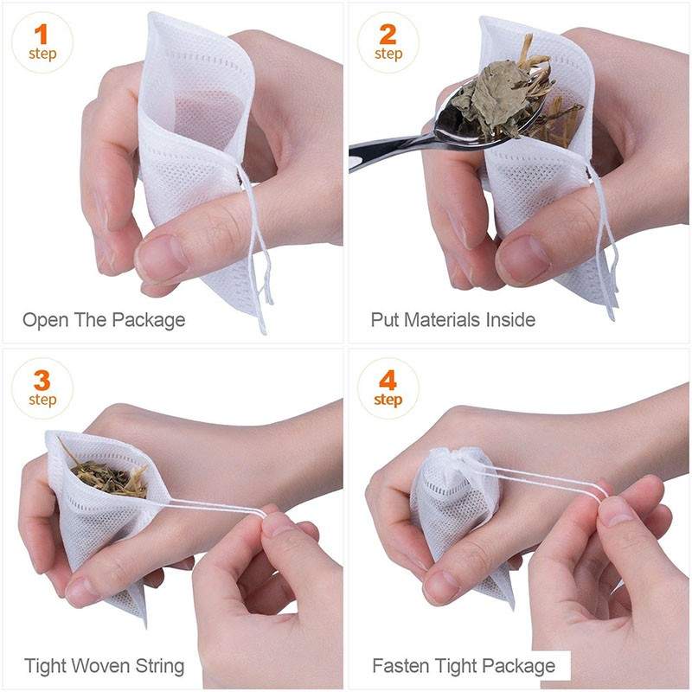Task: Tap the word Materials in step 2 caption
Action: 441,320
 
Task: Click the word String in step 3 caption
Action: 161,666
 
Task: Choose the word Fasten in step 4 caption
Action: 400,666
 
